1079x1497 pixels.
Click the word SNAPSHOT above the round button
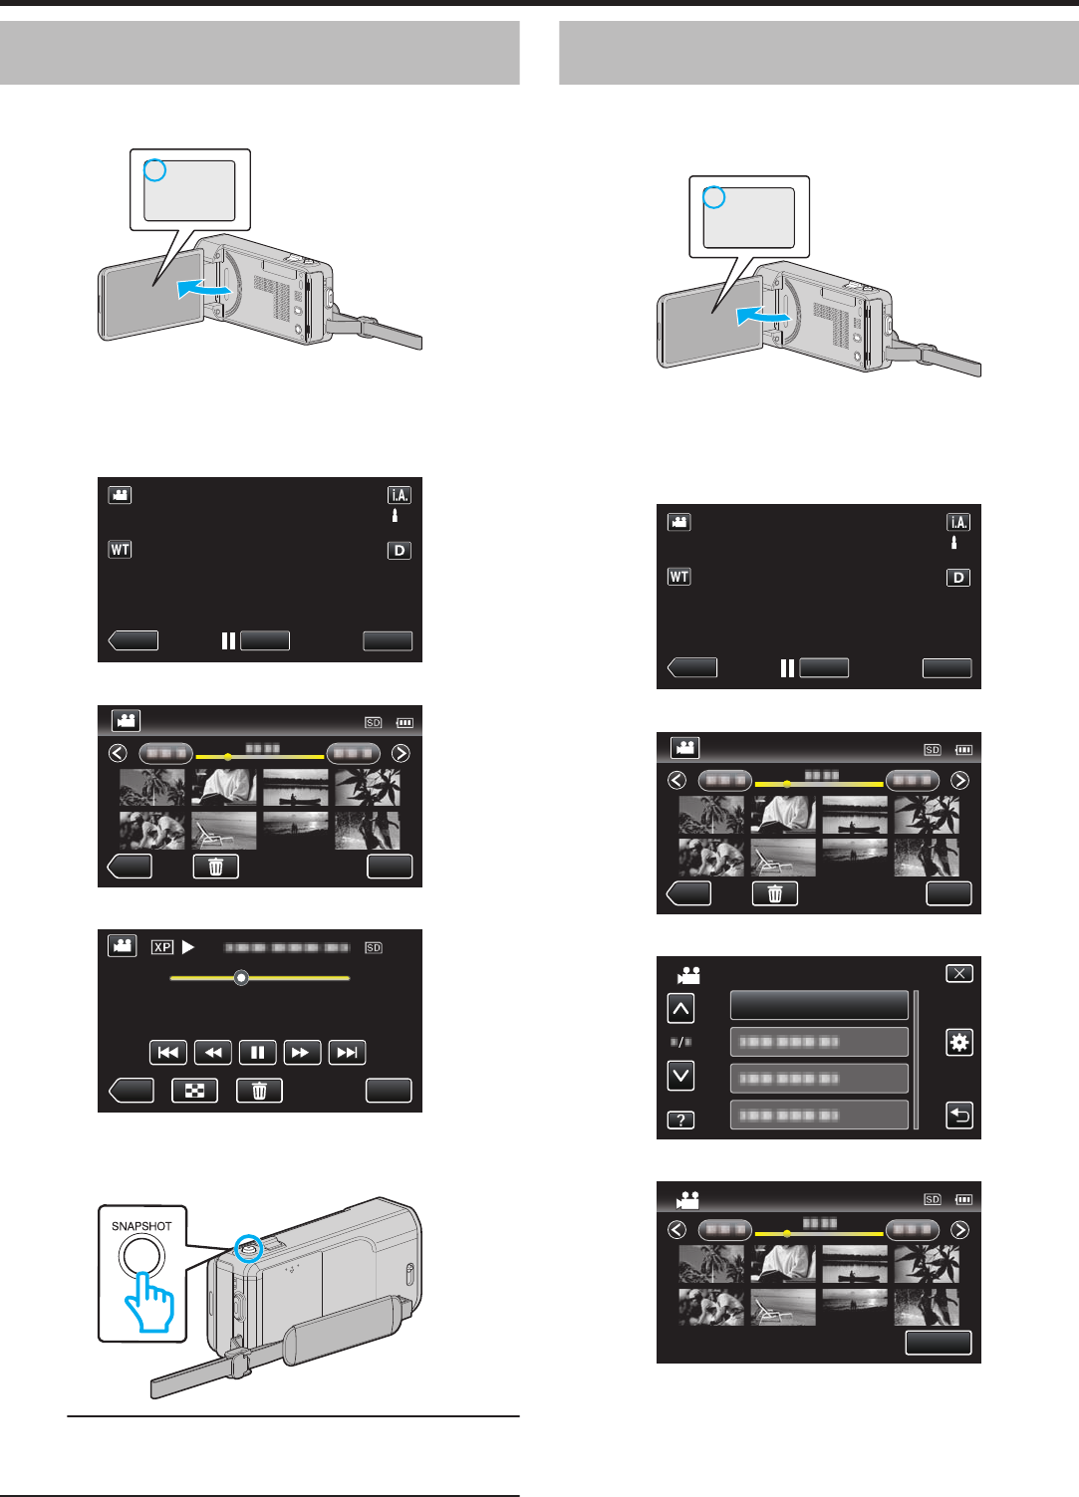tap(141, 1226)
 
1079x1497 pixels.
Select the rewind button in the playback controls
tap(212, 1053)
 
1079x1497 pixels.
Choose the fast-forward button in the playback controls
tap(301, 1053)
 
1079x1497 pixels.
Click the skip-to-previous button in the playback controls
tap(167, 1053)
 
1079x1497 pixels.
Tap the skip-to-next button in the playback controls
tap(347, 1053)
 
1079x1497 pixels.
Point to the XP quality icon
tap(162, 947)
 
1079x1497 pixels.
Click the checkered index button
tap(194, 1091)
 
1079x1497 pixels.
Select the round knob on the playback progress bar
tap(241, 978)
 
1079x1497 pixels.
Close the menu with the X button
tap(958, 973)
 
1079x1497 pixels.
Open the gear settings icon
tap(958, 1043)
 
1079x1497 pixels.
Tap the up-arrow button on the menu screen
tap(680, 1009)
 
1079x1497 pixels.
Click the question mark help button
tap(680, 1121)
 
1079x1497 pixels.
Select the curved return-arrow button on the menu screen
tap(958, 1116)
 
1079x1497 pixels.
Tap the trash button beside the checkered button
tap(259, 1091)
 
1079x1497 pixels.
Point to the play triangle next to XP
tap(188, 947)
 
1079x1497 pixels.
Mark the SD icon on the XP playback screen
tap(374, 948)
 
